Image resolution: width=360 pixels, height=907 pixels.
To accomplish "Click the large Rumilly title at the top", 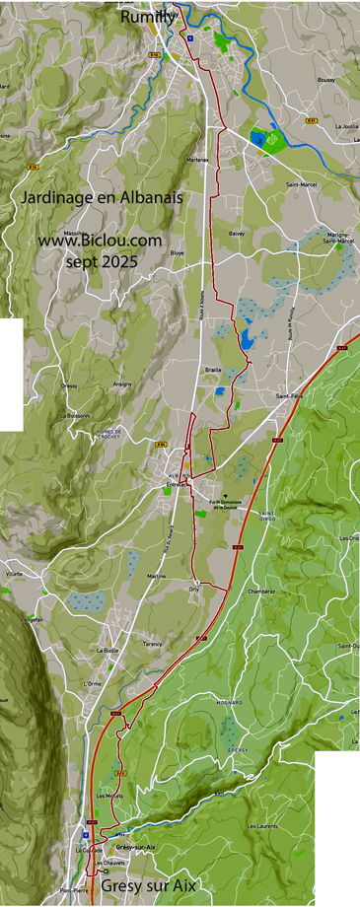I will [x=149, y=17].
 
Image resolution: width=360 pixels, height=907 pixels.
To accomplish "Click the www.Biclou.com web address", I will [x=101, y=240].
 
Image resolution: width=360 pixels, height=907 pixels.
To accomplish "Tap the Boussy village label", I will [x=325, y=79].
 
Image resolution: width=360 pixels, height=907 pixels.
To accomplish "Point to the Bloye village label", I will [x=178, y=253].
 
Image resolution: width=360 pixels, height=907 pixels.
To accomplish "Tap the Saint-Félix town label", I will [x=289, y=396].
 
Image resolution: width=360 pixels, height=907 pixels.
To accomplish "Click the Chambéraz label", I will [x=262, y=592].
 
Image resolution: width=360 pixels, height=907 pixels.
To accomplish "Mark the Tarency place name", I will [x=152, y=643].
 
